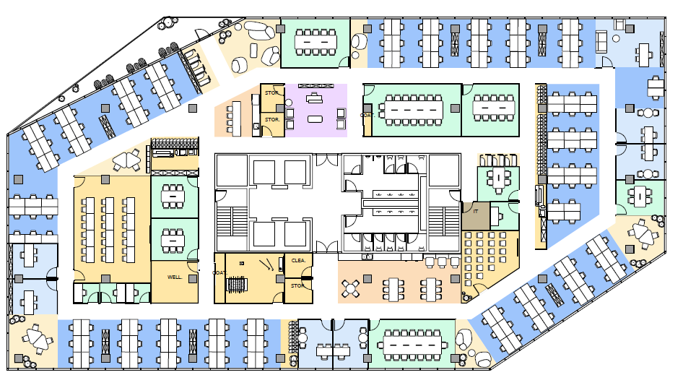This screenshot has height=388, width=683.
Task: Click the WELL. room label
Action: pyautogui.click(x=173, y=277)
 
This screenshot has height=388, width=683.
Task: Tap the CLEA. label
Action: pyautogui.click(x=297, y=260)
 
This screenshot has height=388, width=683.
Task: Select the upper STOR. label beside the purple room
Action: pyautogui.click(x=271, y=93)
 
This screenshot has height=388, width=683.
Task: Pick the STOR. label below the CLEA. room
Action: pyautogui.click(x=297, y=285)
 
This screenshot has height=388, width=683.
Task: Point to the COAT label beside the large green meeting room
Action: pyautogui.click(x=366, y=115)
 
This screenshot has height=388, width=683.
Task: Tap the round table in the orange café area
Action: pyautogui.click(x=351, y=288)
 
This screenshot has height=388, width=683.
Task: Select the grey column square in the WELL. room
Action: pyautogui.click(x=192, y=277)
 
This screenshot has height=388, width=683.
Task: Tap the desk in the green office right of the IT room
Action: pyautogui.click(x=497, y=178)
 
